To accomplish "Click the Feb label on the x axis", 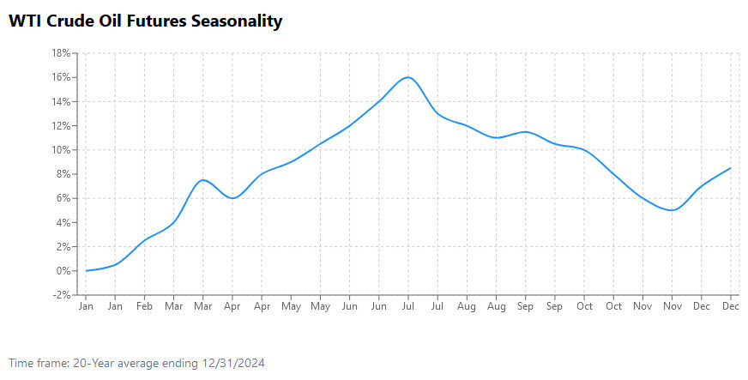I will [x=145, y=306].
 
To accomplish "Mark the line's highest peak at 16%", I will [x=408, y=77].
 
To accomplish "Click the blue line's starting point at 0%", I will [x=87, y=271].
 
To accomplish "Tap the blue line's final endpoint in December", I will [x=731, y=168].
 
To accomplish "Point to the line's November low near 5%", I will [x=672, y=210].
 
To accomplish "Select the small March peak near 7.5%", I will [x=203, y=180].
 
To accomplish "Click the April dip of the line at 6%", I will [x=232, y=198].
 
